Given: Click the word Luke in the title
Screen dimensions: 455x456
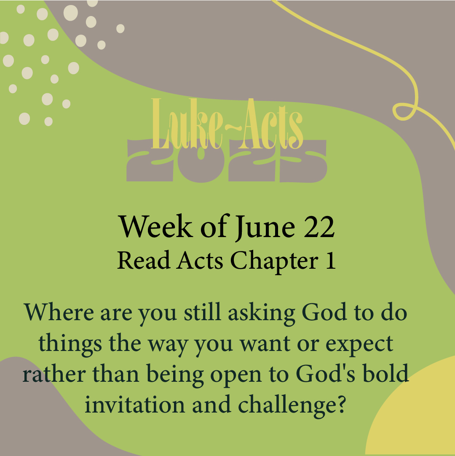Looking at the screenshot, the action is pos(187,124).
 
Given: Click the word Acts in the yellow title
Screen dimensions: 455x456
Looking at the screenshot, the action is pos(270,124).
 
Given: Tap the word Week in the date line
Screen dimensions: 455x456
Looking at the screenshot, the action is pos(155,227).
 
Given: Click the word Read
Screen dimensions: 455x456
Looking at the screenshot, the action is pos(143,260).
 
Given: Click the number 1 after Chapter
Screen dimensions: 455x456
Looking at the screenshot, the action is pos(331,260).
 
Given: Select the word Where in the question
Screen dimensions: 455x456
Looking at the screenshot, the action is pos(59,312).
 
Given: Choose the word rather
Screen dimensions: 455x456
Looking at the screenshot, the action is pos(54,374).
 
